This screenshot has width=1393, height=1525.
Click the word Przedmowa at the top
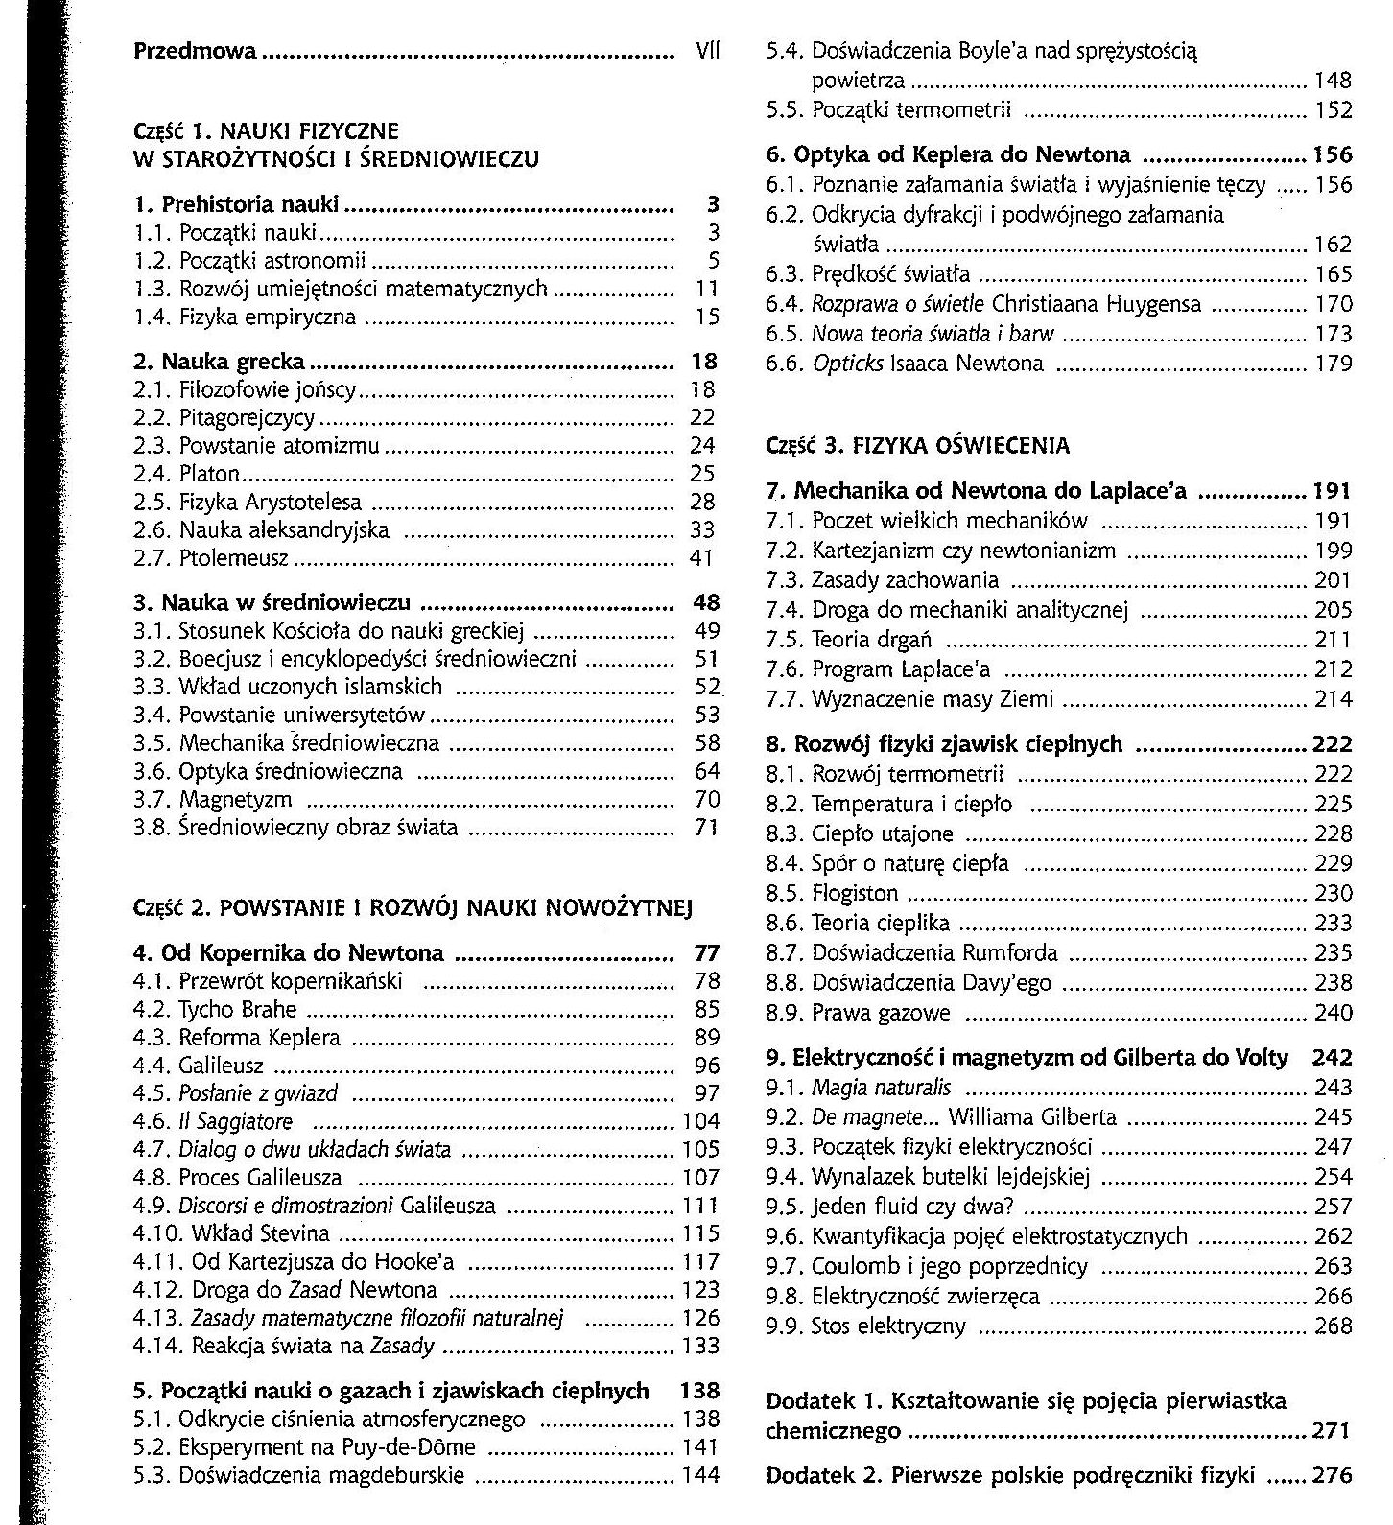tap(195, 50)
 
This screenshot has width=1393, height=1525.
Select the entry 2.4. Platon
tap(186, 474)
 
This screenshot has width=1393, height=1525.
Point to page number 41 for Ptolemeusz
tap(703, 558)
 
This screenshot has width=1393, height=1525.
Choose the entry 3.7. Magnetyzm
tap(212, 800)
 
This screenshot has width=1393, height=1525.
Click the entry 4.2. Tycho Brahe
tap(215, 1010)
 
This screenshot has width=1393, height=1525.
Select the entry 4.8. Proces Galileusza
tap(241, 1178)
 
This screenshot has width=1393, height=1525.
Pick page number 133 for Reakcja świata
tap(700, 1347)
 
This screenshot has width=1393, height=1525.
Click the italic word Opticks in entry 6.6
tap(847, 364)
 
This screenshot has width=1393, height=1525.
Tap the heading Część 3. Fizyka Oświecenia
tap(917, 446)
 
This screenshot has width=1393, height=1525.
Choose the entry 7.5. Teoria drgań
tap(849, 640)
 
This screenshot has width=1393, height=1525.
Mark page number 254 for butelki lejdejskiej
tap(1334, 1177)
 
